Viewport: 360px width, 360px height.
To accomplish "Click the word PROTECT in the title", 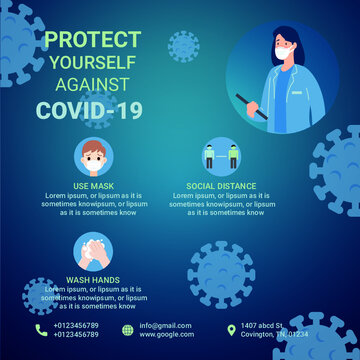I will coord(93,40).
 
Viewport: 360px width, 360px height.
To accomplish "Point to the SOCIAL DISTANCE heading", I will coord(221,186).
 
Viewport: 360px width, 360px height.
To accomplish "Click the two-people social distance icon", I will coord(221,157).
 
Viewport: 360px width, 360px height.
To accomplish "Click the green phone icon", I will coord(41,329).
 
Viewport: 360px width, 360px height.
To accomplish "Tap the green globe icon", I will coord(127,329).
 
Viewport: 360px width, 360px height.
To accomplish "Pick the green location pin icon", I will coord(231,329).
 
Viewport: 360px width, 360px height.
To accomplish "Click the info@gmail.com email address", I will coord(166,325).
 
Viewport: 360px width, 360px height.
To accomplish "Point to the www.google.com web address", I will coord(166,334).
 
